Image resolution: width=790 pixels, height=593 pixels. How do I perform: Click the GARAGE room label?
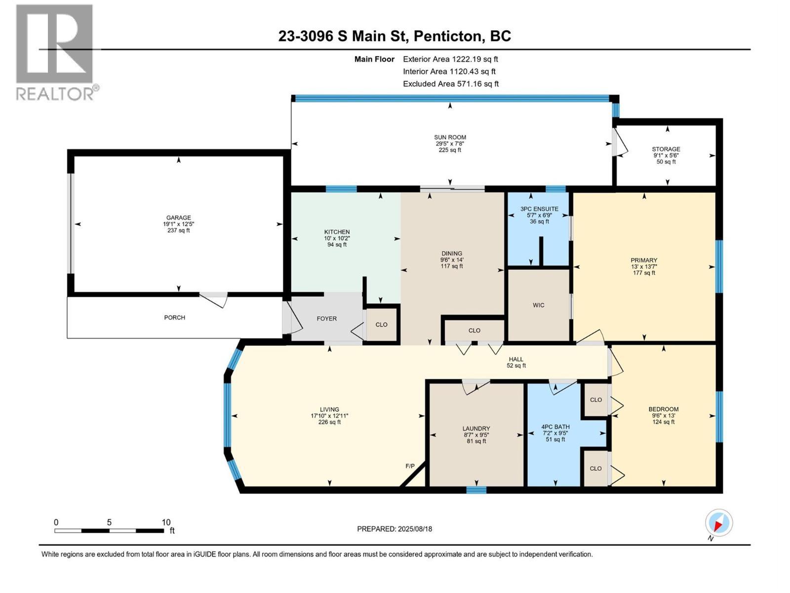[x=178, y=217]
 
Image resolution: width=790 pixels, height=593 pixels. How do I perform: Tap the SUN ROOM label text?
[x=450, y=137]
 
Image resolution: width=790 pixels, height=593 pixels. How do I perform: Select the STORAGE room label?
[x=666, y=149]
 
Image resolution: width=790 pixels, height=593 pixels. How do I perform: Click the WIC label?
[x=538, y=305]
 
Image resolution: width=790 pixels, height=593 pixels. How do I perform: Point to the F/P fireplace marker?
[x=410, y=466]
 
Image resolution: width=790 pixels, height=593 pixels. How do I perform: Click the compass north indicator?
[x=719, y=523]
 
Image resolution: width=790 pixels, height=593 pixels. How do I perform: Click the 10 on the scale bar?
[x=166, y=522]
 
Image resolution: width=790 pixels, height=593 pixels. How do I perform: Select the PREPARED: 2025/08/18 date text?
[x=395, y=529]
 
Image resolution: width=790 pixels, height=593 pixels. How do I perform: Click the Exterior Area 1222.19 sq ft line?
[x=450, y=59]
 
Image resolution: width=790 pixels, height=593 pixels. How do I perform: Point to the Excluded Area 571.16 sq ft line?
[x=450, y=84]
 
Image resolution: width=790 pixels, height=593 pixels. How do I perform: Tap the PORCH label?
[x=174, y=317]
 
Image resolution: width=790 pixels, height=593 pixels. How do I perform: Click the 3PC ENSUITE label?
[x=539, y=209]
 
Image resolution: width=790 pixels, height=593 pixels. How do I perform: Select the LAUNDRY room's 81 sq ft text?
[x=476, y=441]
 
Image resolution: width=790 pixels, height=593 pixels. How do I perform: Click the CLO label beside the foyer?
[x=381, y=325]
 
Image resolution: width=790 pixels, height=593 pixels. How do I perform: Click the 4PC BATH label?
[x=555, y=426]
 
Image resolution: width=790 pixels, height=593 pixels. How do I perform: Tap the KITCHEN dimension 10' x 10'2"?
[x=337, y=238]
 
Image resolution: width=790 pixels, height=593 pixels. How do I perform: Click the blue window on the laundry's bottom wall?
[x=476, y=490]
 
